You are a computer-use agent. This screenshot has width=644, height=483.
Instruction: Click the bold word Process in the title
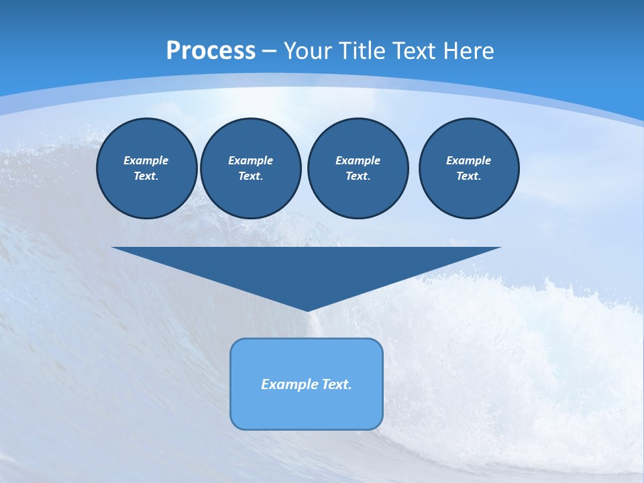[211, 51]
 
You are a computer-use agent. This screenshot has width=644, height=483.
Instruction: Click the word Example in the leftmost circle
[146, 160]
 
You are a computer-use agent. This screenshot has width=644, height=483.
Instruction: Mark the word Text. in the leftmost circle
[146, 176]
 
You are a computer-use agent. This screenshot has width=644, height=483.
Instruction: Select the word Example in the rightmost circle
[469, 160]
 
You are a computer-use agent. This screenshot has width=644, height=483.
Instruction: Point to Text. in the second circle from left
[251, 176]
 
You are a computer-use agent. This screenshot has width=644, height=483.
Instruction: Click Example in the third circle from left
[358, 160]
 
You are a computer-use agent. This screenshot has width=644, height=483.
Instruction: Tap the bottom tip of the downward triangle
[307, 309]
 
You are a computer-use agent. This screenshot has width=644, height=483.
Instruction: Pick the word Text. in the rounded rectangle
[336, 384]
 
